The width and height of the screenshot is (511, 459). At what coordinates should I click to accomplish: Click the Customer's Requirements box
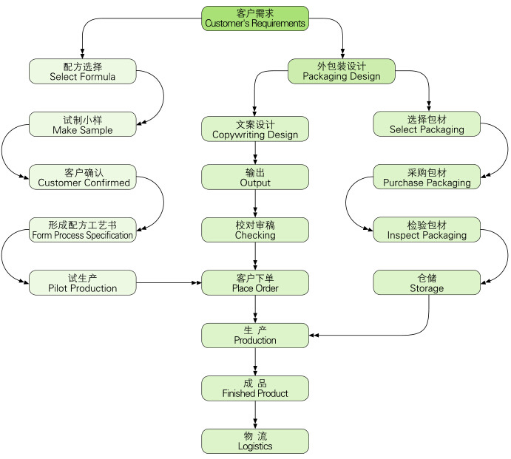coord(255,18)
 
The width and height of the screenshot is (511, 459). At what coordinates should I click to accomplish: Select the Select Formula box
coord(83,71)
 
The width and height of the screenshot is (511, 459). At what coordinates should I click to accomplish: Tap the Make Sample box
coord(83,124)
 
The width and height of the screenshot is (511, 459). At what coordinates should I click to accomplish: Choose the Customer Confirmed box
coord(83,177)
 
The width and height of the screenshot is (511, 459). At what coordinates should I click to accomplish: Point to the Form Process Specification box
coord(83,230)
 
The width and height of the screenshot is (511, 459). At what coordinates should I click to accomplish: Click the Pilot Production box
coord(83,283)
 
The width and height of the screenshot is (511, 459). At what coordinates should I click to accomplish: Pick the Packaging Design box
coord(342,71)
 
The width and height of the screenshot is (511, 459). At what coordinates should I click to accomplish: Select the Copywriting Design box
coord(255,129)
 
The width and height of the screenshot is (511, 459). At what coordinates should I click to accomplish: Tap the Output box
coord(255,177)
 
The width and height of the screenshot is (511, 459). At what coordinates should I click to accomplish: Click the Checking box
coord(255,230)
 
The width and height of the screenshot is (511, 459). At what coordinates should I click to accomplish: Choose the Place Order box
coord(255,283)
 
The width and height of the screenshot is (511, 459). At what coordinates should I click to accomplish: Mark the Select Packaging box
coord(427,124)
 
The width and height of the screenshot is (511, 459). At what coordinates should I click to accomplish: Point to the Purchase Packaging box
coord(427,177)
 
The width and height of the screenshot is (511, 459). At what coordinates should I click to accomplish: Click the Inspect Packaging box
coord(427,230)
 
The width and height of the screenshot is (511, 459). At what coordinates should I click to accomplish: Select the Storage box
coord(427,283)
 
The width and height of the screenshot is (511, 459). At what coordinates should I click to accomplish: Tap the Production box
coord(255,336)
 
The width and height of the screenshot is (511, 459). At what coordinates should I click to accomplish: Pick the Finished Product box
coord(255,388)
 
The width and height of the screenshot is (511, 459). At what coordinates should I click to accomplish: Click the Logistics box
coord(255,441)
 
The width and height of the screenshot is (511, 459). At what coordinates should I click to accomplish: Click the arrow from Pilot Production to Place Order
coord(169,283)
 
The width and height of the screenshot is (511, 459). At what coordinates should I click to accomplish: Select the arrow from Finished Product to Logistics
coord(255,415)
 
